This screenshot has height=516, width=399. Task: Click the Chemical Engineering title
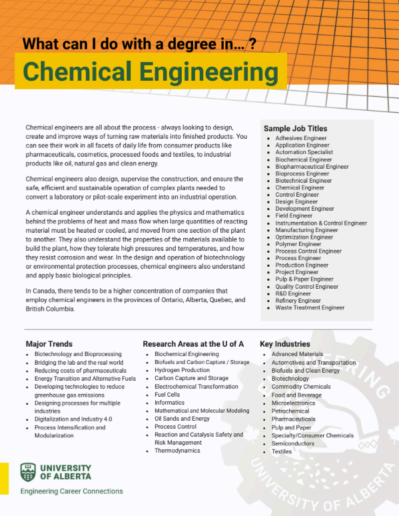coord(151,71)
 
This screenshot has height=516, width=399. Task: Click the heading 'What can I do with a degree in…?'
coord(140,44)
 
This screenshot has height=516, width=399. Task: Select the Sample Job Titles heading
coord(295,129)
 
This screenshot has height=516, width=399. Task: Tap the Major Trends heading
coord(54,344)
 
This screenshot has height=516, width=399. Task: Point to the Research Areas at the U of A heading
coord(193,344)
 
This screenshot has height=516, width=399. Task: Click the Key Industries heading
coord(285,344)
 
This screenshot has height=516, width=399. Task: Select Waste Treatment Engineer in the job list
coord(310,308)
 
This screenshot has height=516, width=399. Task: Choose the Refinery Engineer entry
coord(298,301)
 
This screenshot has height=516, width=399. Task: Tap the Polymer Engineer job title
coord(298,244)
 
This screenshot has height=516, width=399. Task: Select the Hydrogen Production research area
coord(182,370)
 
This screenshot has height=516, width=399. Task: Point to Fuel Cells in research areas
coord(168,395)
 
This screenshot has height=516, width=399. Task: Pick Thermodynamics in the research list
coord(177,451)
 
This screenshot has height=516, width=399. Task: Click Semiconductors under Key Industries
coord(293,443)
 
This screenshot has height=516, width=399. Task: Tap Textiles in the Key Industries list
coord(282,451)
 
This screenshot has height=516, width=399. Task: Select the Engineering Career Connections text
coord(71,491)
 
